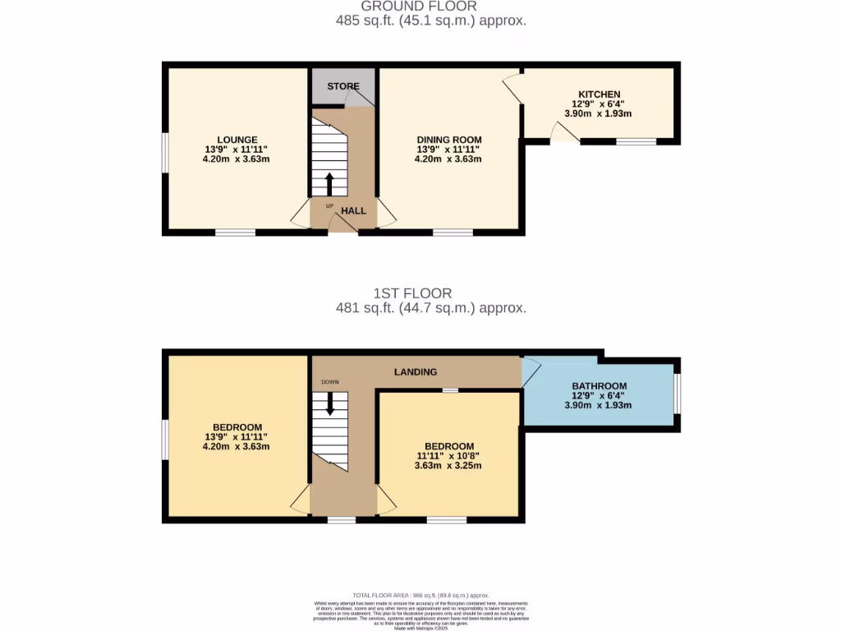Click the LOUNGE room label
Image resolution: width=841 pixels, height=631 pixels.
[237, 140]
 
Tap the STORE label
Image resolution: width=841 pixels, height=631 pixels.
[343, 86]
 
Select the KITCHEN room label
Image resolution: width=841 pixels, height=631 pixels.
[599, 94]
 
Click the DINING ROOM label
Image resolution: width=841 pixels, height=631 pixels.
[448, 140]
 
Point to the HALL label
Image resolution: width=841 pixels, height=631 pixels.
[353, 211]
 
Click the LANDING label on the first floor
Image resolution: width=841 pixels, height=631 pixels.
[416, 372]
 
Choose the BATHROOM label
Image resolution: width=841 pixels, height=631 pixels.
[599, 386]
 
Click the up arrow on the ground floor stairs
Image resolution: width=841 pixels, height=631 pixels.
[330, 183]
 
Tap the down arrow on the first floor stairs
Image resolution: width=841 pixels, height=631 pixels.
[330, 403]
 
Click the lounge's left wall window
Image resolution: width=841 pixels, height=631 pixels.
[164, 153]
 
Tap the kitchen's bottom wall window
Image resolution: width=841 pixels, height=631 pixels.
[636, 142]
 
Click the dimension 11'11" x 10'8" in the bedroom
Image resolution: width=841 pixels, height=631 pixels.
[449, 455]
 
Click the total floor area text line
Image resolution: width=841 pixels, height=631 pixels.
[420, 595]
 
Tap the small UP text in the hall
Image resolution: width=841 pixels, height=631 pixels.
[330, 206]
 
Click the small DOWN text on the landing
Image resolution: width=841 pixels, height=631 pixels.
[330, 382]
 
